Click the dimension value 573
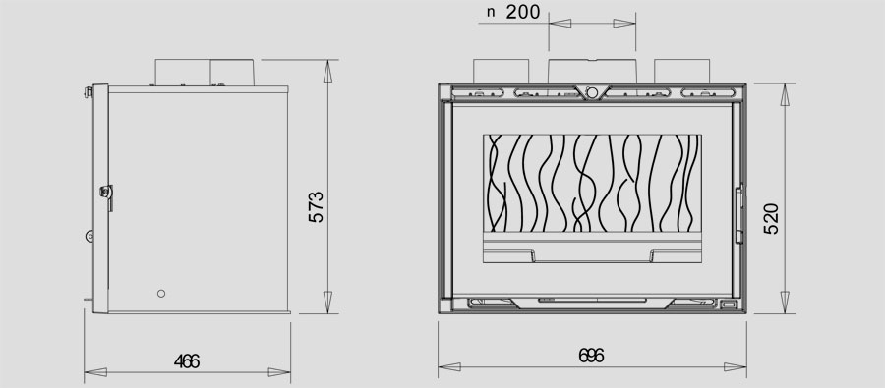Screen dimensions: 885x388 [317, 207]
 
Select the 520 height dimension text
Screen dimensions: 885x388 [771, 219]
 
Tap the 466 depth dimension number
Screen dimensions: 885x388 [187, 361]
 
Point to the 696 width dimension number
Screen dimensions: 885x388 [592, 356]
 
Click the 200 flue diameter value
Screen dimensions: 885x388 [523, 12]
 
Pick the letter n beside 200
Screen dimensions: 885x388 [491, 13]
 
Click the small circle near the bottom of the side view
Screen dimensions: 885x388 [161, 294]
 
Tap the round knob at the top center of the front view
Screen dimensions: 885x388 [591, 92]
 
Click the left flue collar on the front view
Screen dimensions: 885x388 [501, 71]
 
